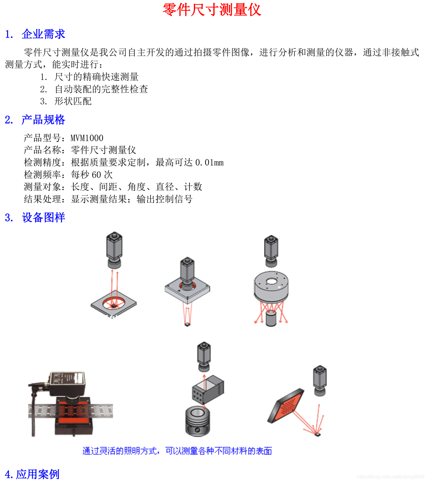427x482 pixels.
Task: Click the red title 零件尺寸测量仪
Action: (x=212, y=10)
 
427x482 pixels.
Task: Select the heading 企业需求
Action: (x=43, y=34)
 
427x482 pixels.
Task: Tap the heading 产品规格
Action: (x=43, y=120)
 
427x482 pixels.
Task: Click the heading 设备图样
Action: (x=43, y=218)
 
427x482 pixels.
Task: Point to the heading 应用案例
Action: (x=38, y=474)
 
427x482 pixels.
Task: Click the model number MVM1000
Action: (x=87, y=138)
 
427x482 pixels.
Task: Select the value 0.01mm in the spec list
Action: (x=209, y=162)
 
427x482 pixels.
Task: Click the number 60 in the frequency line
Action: (x=96, y=175)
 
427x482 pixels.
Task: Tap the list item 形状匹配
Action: (x=73, y=101)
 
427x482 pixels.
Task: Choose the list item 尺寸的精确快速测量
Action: (x=96, y=77)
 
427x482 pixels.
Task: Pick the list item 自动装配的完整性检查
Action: (x=101, y=89)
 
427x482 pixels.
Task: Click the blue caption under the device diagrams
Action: (x=177, y=451)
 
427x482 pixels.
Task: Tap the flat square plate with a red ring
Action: (x=114, y=303)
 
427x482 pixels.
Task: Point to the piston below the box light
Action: (x=197, y=421)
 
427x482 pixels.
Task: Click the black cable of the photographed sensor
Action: (x=33, y=412)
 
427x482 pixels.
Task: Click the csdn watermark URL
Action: (x=390, y=476)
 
